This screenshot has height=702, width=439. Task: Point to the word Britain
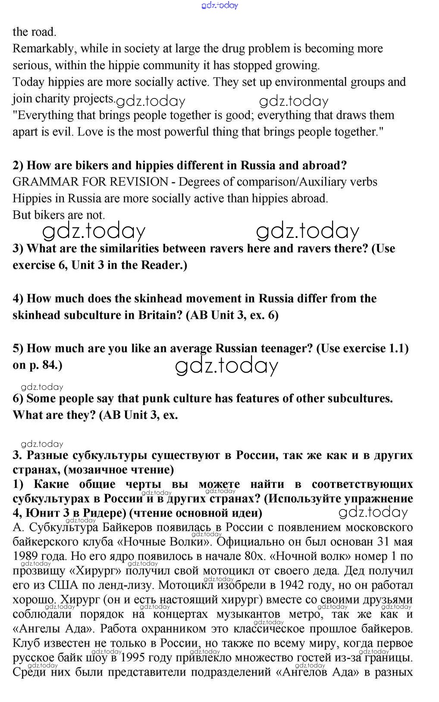coord(160,315)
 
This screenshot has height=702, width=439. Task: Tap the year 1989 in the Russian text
coord(25,556)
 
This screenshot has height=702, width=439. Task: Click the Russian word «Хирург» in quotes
coord(95,571)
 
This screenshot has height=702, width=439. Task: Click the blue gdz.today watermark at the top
coord(219,6)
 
